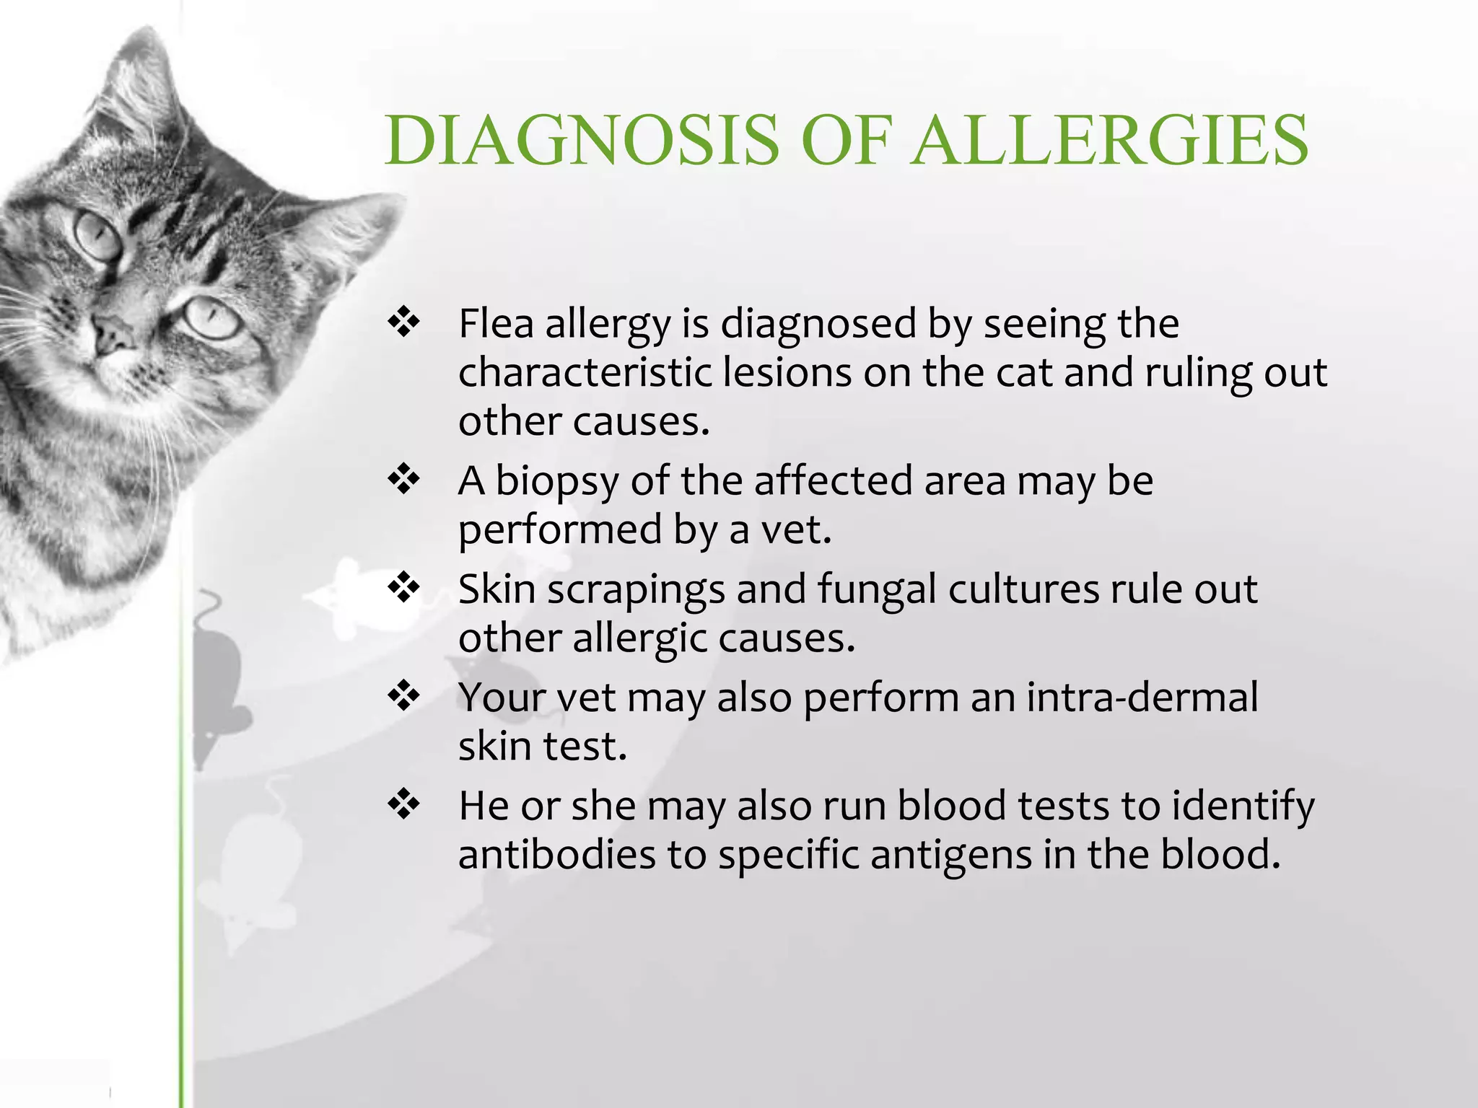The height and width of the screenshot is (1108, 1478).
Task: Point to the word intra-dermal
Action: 1142,697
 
